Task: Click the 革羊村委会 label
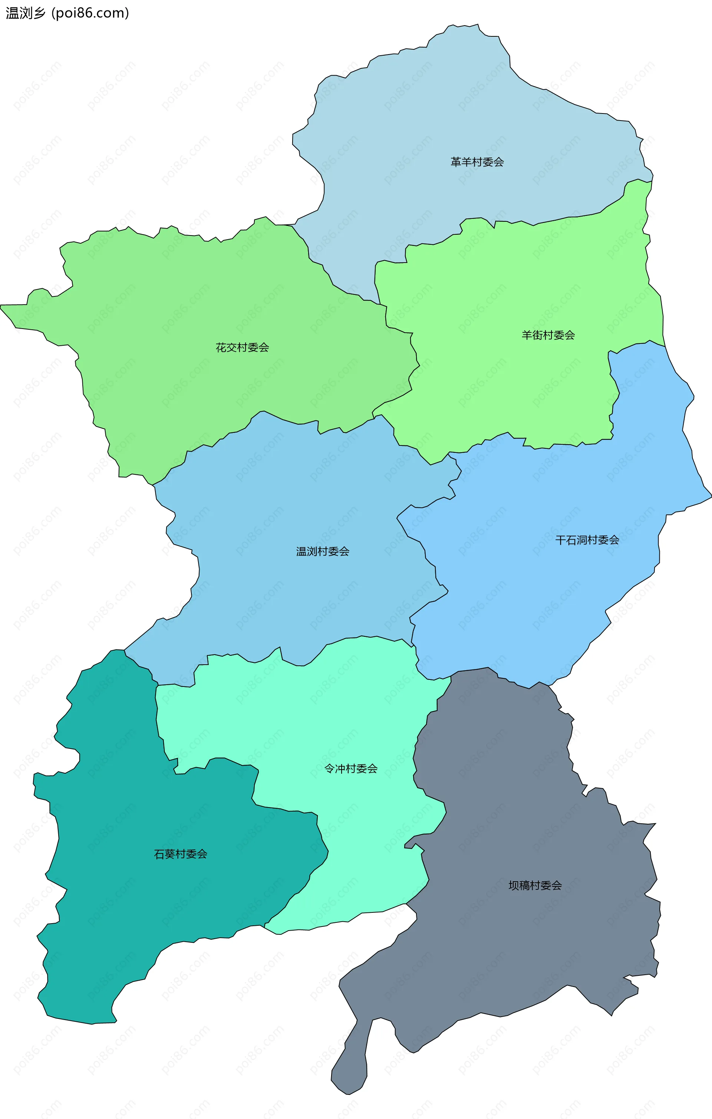tap(477, 162)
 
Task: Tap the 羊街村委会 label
tap(548, 335)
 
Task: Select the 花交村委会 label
tap(242, 348)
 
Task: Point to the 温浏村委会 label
tap(323, 552)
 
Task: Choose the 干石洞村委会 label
tap(587, 540)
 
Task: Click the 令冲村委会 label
tap(350, 769)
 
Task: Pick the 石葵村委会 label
tap(180, 854)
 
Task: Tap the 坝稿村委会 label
tap(535, 886)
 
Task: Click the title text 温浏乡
tap(26, 13)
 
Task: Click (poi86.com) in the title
tap(90, 13)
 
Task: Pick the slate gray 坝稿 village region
tap(511, 952)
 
